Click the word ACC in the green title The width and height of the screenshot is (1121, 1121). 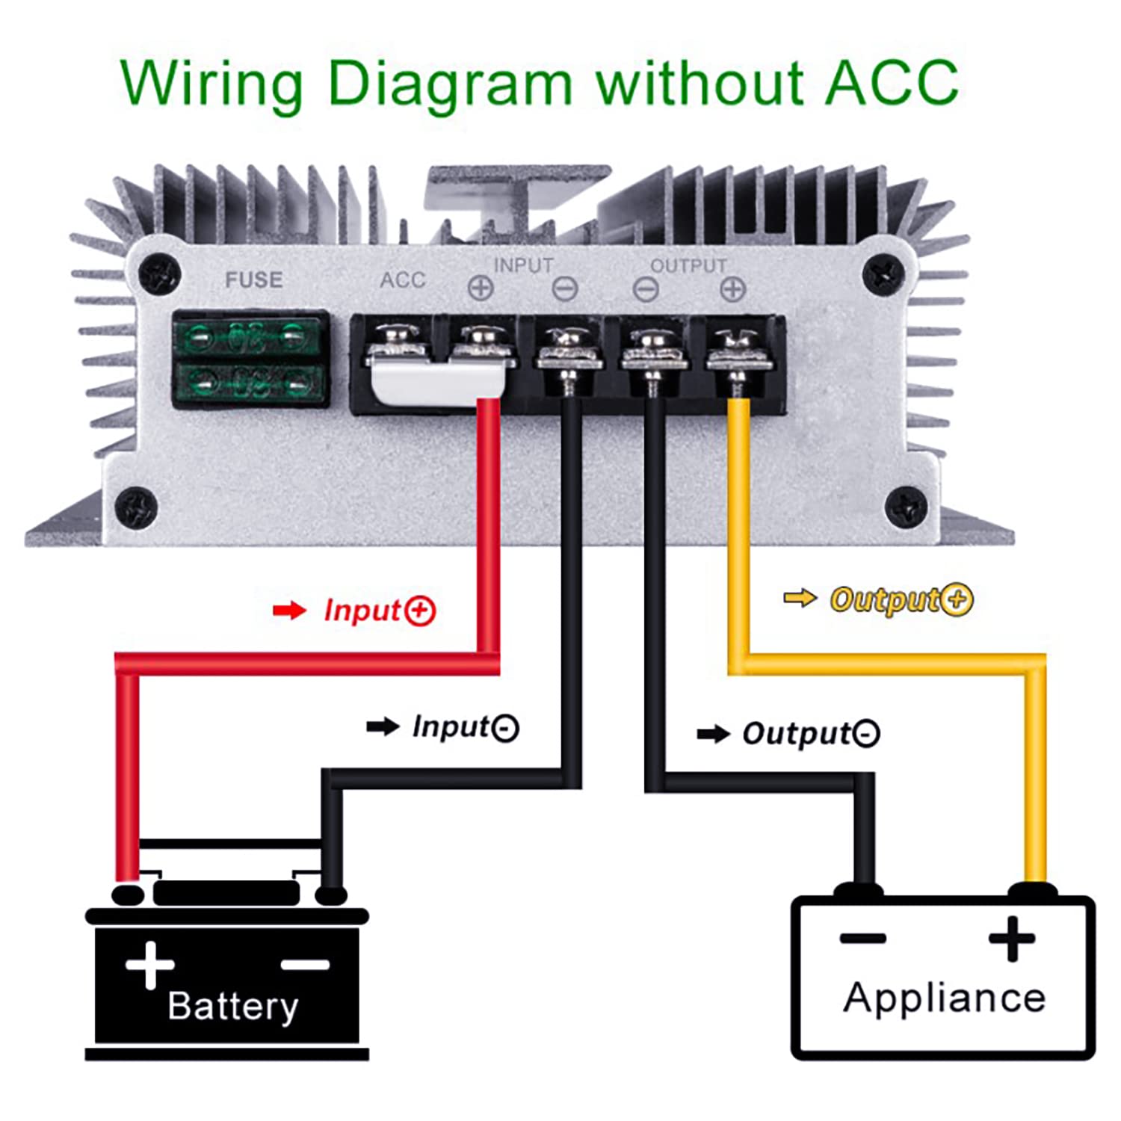pyautogui.click(x=892, y=82)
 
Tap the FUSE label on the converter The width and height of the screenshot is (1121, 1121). pyautogui.click(x=254, y=280)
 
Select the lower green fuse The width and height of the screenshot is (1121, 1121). pyautogui.click(x=250, y=384)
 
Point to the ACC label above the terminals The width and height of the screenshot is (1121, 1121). pyautogui.click(x=403, y=280)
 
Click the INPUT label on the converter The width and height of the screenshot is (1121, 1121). pyautogui.click(x=523, y=265)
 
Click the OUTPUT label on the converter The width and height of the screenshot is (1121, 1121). pyautogui.click(x=688, y=266)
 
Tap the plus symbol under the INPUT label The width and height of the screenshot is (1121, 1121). pyautogui.click(x=481, y=288)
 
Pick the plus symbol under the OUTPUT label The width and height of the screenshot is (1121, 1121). pyautogui.click(x=733, y=289)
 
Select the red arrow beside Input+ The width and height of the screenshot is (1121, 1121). pyautogui.click(x=289, y=611)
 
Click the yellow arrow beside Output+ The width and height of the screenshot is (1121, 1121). pyautogui.click(x=800, y=598)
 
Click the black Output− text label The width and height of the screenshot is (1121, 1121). pyautogui.click(x=810, y=733)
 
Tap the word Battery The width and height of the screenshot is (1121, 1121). pyautogui.click(x=232, y=1006)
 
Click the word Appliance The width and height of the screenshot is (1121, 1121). pyautogui.click(x=945, y=998)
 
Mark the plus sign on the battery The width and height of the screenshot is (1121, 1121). pyautogui.click(x=149, y=964)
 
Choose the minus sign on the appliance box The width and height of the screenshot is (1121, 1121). pyautogui.click(x=862, y=939)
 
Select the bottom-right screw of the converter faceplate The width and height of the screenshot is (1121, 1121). pyautogui.click(x=906, y=507)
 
